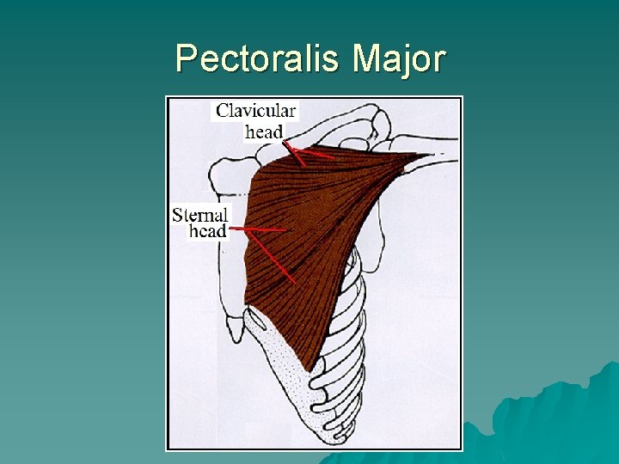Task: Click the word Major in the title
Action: click(x=399, y=59)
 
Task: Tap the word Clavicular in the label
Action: click(x=255, y=111)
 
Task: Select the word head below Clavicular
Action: click(x=264, y=131)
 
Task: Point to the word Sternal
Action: click(x=199, y=215)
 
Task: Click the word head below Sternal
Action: click(x=207, y=231)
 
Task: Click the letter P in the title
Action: click(x=184, y=59)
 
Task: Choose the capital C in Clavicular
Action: click(x=223, y=111)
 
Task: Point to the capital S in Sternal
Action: click(x=178, y=215)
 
